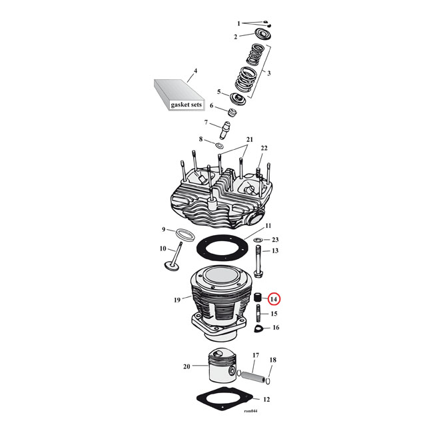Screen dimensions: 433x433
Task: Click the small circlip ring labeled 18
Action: pyautogui.click(x=268, y=382)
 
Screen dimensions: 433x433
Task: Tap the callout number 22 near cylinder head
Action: pyautogui.click(x=264, y=148)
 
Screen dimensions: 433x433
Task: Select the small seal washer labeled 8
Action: pyautogui.click(x=217, y=143)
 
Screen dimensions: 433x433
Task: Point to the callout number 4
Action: pyautogui.click(x=195, y=70)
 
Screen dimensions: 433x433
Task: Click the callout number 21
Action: pyautogui.click(x=250, y=139)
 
